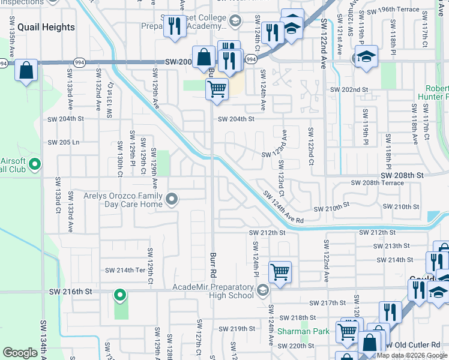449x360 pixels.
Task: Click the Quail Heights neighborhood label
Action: [x=46, y=27]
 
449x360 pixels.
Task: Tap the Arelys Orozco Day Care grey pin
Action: [x=172, y=199]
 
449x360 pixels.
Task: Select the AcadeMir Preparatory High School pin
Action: [x=262, y=291]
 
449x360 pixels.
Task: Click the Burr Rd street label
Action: [x=213, y=265]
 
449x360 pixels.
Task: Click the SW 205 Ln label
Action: [x=64, y=142]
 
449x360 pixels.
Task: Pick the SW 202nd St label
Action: [x=349, y=89]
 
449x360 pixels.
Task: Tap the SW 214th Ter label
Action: [x=125, y=270]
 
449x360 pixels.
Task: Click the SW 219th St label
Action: [x=237, y=329]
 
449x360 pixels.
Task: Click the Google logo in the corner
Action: [x=20, y=353]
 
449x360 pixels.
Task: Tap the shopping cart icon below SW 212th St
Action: [x=280, y=272]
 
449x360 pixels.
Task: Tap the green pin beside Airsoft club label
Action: [x=35, y=163]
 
